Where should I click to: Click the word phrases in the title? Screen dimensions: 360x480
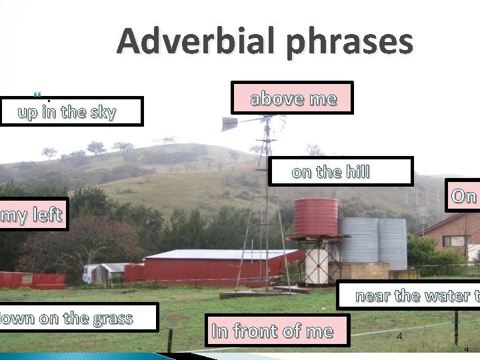347,41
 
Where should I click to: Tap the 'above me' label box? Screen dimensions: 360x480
293,99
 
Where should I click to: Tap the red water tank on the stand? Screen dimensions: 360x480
315,217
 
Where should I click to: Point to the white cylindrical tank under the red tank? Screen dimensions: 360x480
316,265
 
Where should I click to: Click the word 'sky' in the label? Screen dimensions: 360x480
103,112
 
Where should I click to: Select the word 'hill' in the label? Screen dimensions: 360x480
355,172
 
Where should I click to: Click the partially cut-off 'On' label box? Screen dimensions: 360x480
464,196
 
